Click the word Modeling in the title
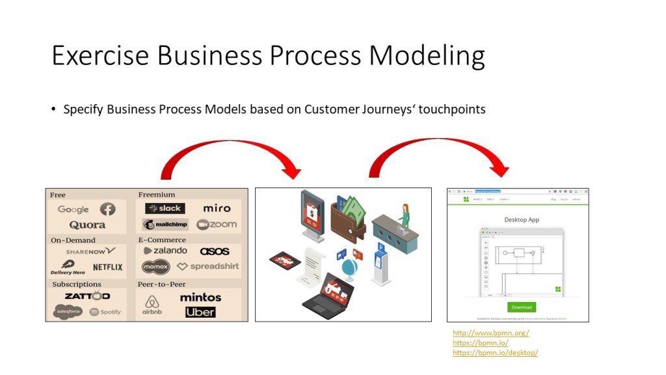(x=427, y=56)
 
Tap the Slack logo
(x=165, y=208)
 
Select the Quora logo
(x=87, y=225)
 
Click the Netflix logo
(x=107, y=267)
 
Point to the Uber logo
(x=200, y=312)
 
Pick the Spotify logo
(x=105, y=312)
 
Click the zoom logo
(x=217, y=225)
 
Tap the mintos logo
(x=200, y=297)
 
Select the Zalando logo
(x=165, y=251)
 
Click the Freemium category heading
(x=157, y=194)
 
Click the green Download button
(x=522, y=307)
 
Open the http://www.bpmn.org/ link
(x=490, y=333)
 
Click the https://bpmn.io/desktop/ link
(x=495, y=352)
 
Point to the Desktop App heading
(x=522, y=219)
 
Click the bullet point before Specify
(x=54, y=109)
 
